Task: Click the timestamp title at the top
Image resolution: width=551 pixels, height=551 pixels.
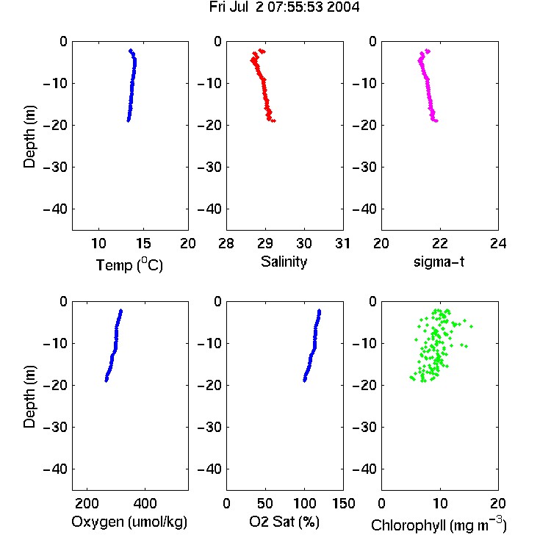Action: (x=284, y=7)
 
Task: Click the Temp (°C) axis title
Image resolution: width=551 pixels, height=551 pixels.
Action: (x=129, y=264)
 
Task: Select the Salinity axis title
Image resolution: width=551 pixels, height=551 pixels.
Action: (x=284, y=262)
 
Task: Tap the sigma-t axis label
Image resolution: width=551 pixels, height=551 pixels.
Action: (x=439, y=262)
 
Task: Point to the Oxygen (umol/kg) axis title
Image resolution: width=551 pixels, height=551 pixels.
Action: (x=129, y=522)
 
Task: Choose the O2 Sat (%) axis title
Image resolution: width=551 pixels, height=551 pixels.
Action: (x=284, y=522)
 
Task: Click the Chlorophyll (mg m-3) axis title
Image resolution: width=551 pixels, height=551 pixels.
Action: (x=439, y=525)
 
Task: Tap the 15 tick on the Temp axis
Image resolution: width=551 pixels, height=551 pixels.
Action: (x=143, y=243)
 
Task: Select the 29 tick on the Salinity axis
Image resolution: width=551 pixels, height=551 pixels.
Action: (x=265, y=243)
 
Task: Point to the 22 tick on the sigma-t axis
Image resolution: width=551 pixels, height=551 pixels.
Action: (x=439, y=243)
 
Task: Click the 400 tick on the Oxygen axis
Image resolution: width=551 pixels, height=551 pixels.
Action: (x=145, y=503)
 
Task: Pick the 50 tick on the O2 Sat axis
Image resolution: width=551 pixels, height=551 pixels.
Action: (x=265, y=503)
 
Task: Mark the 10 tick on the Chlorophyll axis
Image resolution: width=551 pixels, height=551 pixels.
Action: (x=439, y=503)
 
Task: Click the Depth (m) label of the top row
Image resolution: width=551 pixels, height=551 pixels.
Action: (x=29, y=137)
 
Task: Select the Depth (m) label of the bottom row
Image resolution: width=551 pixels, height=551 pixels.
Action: (x=29, y=397)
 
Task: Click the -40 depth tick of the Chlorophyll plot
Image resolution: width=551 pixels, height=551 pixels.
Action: (x=364, y=469)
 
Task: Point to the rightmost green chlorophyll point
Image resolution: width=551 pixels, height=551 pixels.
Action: (x=471, y=326)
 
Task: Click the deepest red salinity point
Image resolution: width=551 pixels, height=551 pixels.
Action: (x=273, y=121)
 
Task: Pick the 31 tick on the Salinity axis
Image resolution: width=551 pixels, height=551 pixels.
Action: (x=342, y=243)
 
